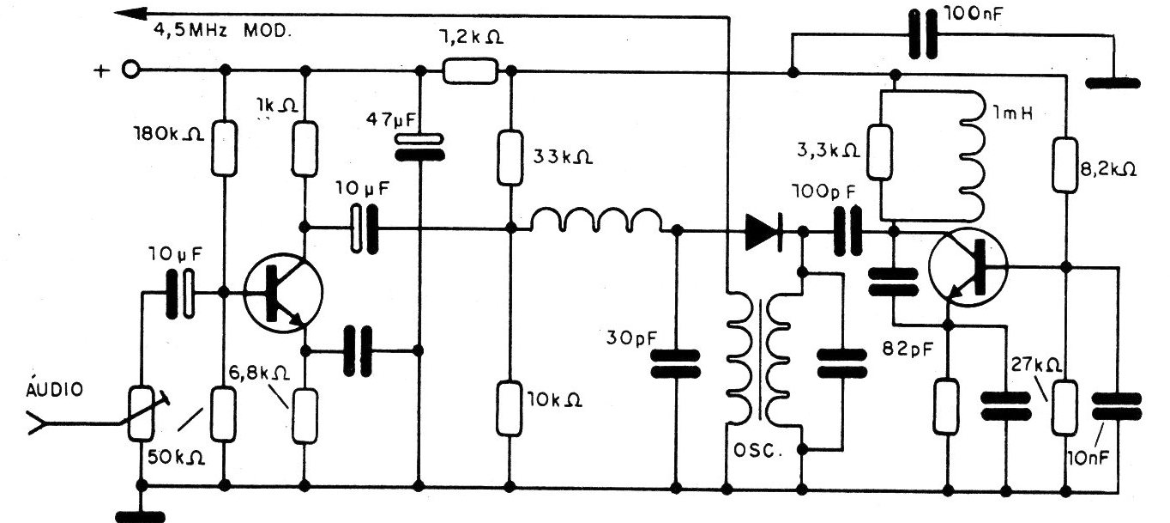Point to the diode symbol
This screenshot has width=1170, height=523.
point(764,230)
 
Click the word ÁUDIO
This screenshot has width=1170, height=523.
point(56,389)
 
